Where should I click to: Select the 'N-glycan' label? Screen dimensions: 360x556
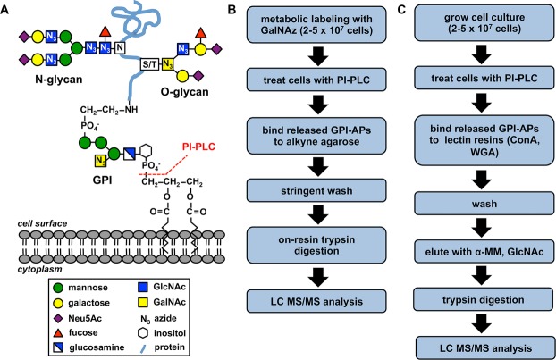click(x=35, y=88)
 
